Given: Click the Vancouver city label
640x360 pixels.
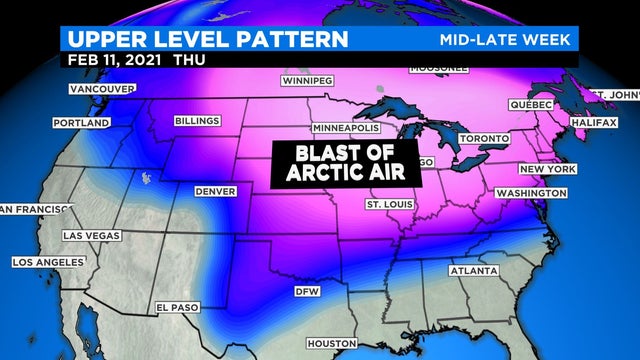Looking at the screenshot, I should click(100, 89).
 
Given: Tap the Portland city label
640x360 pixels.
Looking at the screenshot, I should click(81, 123).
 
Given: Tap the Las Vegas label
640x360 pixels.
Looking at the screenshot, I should click(92, 235).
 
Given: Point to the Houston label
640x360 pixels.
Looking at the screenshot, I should click(331, 344).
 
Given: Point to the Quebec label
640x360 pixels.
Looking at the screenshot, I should click(530, 104).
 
